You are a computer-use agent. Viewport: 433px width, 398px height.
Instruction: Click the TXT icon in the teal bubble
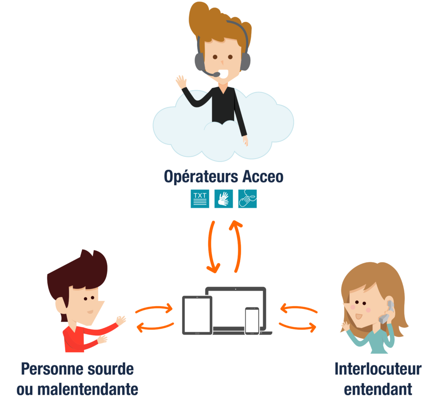point(200,198)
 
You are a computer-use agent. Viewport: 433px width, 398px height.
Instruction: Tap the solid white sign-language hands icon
point(223,199)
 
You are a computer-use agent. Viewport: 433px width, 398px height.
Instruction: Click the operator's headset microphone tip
point(216,75)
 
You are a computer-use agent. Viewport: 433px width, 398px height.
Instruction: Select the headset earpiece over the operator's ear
point(198,62)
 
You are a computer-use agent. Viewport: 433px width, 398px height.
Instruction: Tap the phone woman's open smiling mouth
point(359,315)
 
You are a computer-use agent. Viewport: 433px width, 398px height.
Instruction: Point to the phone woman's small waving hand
point(346,326)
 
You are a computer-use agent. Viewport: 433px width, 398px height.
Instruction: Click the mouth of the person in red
point(90,312)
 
